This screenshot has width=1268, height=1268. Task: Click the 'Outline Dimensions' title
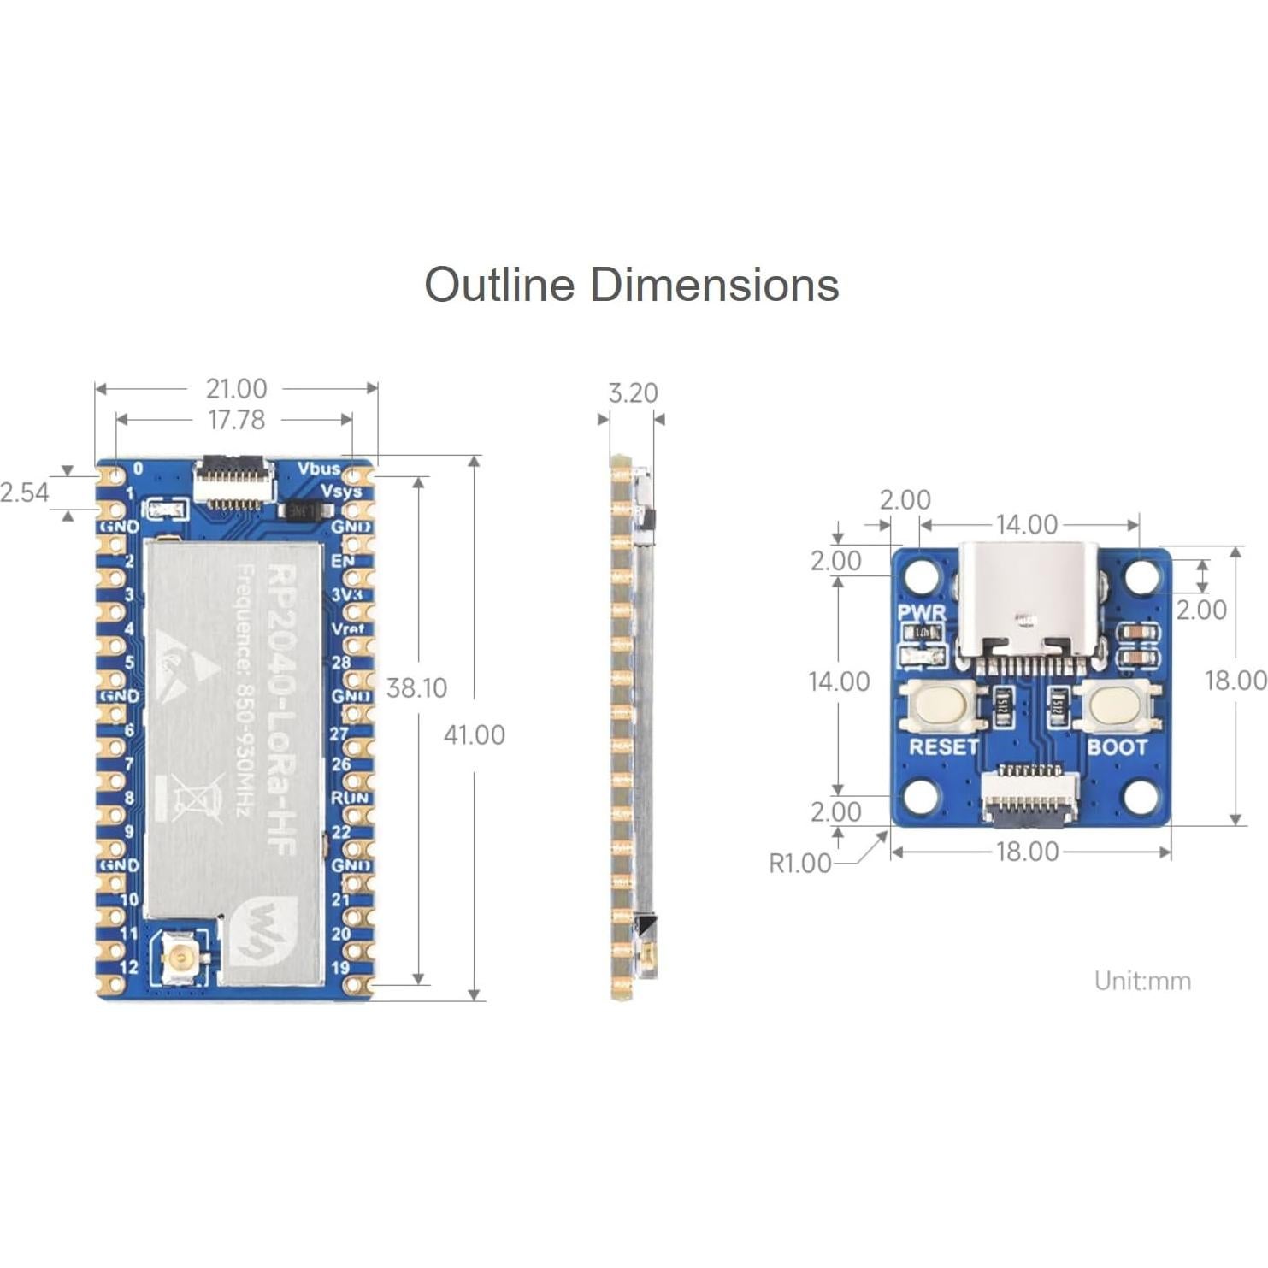click(631, 285)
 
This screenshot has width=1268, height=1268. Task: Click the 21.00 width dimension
click(236, 389)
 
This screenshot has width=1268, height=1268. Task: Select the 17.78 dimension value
click(236, 420)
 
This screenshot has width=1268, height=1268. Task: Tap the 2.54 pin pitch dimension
click(25, 492)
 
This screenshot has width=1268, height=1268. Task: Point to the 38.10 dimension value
click(416, 688)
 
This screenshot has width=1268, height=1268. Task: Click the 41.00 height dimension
click(474, 735)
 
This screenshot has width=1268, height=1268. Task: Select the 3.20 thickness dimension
click(633, 393)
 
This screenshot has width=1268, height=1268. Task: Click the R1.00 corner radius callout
click(799, 864)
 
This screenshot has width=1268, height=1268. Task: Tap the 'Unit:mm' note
click(1142, 981)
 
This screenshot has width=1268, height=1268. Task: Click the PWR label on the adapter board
click(922, 613)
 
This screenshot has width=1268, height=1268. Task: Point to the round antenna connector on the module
click(180, 958)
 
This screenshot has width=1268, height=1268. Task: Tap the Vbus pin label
click(318, 469)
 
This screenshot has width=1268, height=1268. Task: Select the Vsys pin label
click(340, 492)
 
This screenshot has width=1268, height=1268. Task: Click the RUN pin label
click(349, 798)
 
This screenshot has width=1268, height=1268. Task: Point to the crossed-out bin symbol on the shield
click(192, 796)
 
